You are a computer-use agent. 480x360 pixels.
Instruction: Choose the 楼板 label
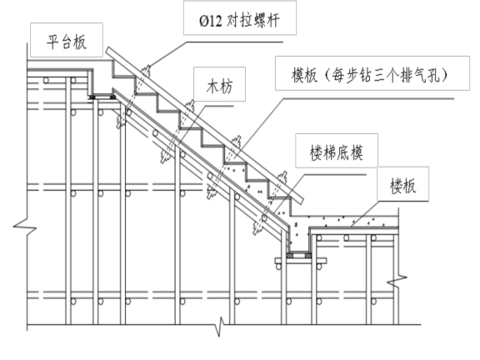click(407, 187)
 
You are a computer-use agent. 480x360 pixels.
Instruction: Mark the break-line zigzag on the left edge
click(22, 222)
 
